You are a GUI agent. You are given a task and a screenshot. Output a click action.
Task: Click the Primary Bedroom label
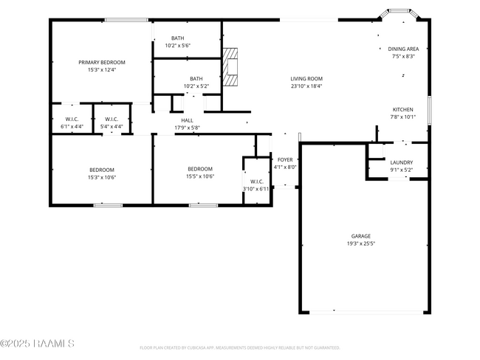click(x=102, y=63)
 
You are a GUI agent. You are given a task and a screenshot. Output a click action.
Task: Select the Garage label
click(x=361, y=236)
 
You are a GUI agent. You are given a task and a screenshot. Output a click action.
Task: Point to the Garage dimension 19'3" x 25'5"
click(x=361, y=244)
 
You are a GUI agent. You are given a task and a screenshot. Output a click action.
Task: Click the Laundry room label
click(x=402, y=162)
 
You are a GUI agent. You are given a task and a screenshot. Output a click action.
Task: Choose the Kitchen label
click(x=402, y=109)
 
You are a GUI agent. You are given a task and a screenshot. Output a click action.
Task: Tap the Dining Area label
click(x=403, y=49)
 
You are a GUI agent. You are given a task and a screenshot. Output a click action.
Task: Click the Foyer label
click(x=285, y=159)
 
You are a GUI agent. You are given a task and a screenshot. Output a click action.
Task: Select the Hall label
click(x=187, y=120)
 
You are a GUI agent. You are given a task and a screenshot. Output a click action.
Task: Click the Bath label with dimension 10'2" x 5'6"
click(x=178, y=38)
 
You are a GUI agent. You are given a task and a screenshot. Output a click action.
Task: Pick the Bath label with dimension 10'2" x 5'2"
click(x=196, y=79)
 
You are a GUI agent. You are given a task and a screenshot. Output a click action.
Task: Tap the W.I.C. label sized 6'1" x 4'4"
click(x=72, y=119)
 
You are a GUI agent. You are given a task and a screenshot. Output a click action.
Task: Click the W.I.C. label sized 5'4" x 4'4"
click(x=112, y=119)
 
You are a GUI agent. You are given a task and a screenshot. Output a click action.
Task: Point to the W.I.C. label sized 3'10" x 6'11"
click(x=257, y=181)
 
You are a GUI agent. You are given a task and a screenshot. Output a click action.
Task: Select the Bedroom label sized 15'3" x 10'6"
click(x=102, y=170)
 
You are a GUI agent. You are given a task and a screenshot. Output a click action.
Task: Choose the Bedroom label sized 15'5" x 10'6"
click(x=199, y=169)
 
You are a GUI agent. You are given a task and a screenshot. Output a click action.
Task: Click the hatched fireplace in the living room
click(x=232, y=68)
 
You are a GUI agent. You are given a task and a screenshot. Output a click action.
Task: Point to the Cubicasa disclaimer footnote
click(x=239, y=347)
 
